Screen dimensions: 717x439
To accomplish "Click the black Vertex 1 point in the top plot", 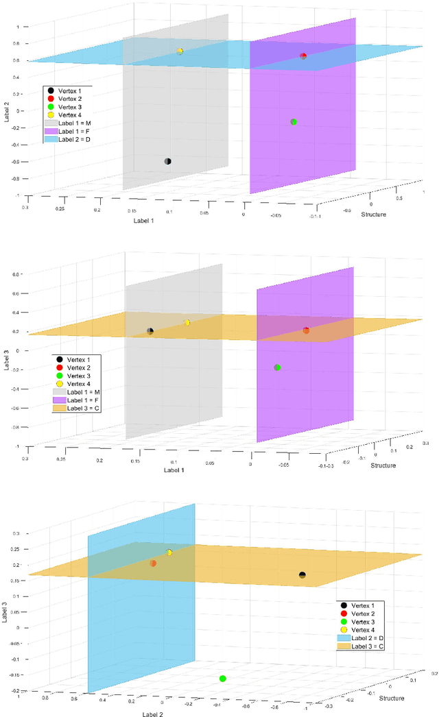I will pos(168,161).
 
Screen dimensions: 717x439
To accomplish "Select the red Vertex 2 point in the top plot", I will pos(303,56).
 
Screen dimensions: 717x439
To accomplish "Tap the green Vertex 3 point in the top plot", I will pos(294,122).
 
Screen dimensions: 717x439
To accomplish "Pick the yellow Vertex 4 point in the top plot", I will pos(180,51).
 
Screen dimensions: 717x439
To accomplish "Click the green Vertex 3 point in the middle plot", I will pos(277,367).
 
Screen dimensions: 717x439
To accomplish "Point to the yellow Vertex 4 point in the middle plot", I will pos(187,322).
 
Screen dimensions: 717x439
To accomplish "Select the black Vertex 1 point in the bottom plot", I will pos(302,574).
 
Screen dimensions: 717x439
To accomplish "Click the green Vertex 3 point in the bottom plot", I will pos(222,679).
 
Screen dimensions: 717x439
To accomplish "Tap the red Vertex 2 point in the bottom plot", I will pos(153,563).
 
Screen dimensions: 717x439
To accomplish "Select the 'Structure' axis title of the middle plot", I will pos(382,465).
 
